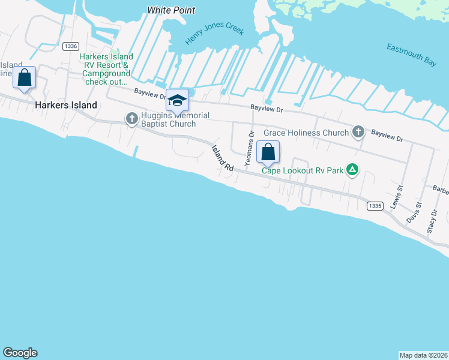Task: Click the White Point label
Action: (x=171, y=10)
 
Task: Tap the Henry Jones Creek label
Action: (x=214, y=34)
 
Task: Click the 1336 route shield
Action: (x=71, y=46)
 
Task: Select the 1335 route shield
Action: (x=374, y=206)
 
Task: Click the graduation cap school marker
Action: (x=177, y=100)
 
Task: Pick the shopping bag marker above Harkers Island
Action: (x=24, y=77)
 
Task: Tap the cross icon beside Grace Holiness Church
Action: (x=358, y=132)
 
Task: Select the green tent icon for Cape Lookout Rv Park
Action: (x=353, y=170)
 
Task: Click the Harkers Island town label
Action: (x=66, y=105)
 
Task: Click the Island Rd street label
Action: (x=221, y=159)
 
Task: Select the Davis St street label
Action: (x=414, y=212)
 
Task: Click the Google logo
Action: (x=20, y=353)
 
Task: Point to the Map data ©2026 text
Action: (x=423, y=355)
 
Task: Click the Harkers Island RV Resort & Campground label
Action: (x=105, y=69)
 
